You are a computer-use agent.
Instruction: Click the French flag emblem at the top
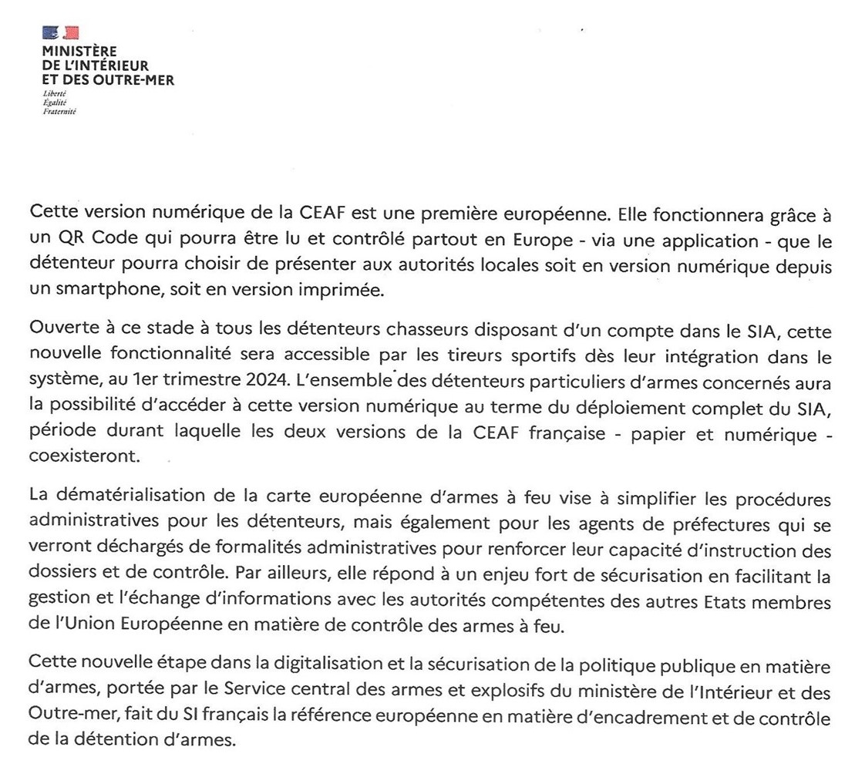pyautogui.click(x=61, y=32)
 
